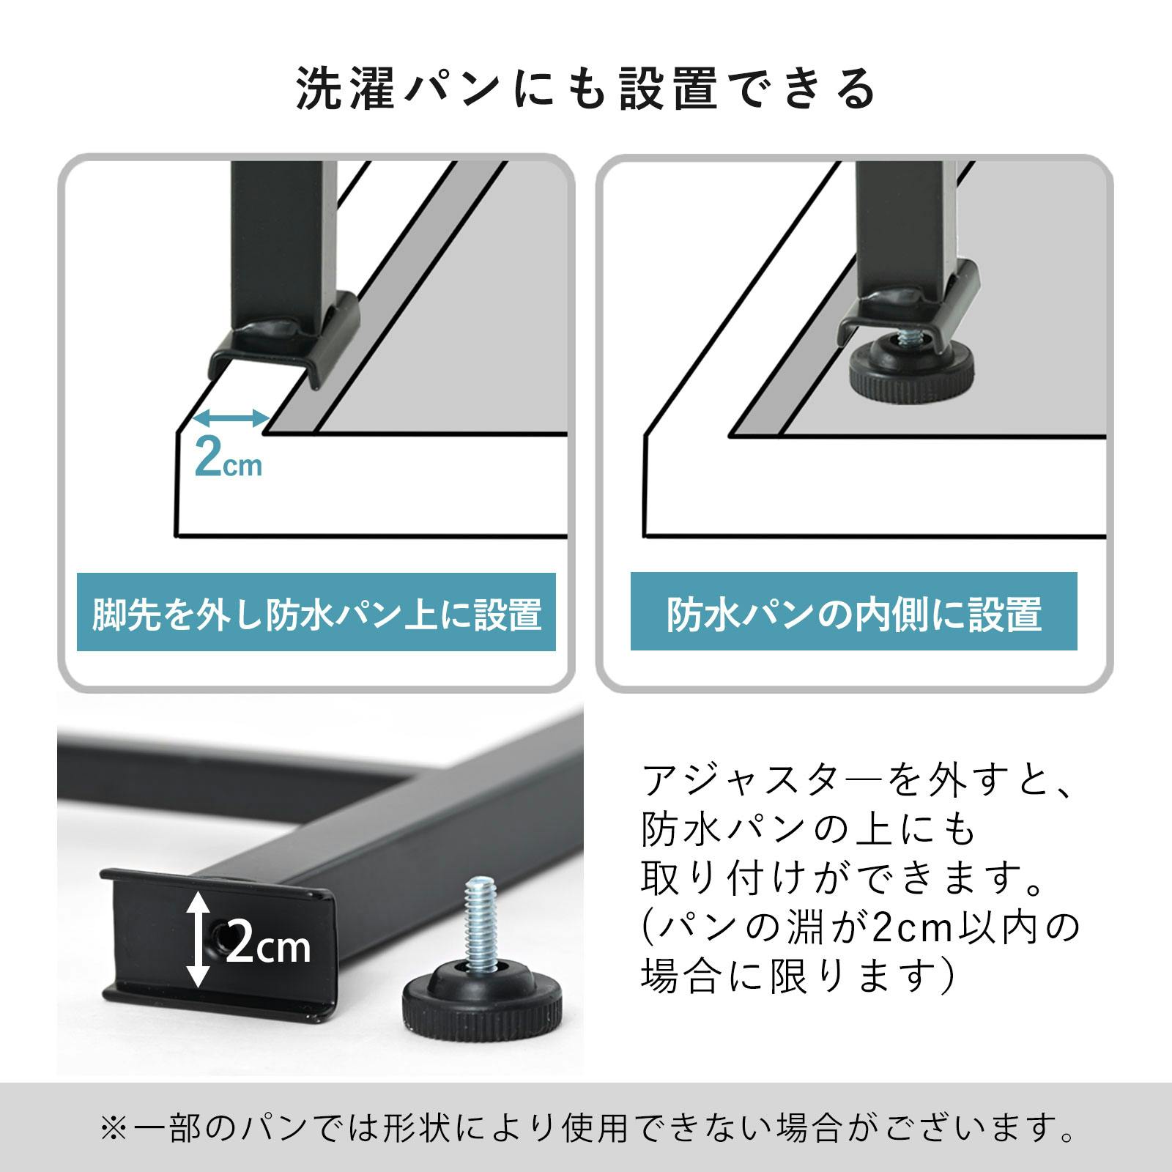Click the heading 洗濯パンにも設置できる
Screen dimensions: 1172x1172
(586, 89)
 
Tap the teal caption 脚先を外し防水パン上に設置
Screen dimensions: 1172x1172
(316, 614)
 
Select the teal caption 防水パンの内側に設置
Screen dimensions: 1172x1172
(853, 614)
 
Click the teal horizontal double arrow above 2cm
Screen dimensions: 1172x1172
(231, 418)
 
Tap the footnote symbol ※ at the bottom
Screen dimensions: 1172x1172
(115, 1129)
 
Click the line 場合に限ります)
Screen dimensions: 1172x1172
(797, 976)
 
